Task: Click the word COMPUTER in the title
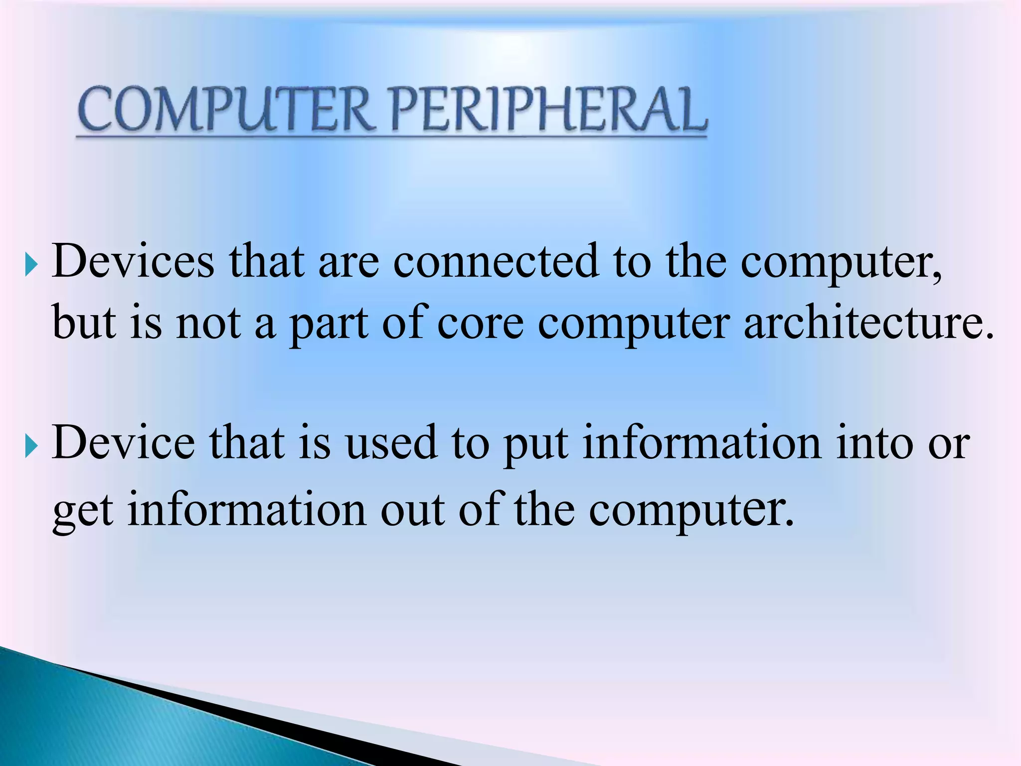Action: [x=224, y=109]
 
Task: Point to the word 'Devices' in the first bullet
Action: [x=133, y=261]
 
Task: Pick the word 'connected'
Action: [x=496, y=261]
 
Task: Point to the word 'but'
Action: [x=84, y=323]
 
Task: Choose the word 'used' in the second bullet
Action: [x=391, y=443]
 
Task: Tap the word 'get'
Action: [x=83, y=513]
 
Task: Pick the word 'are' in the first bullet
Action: [x=348, y=262]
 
